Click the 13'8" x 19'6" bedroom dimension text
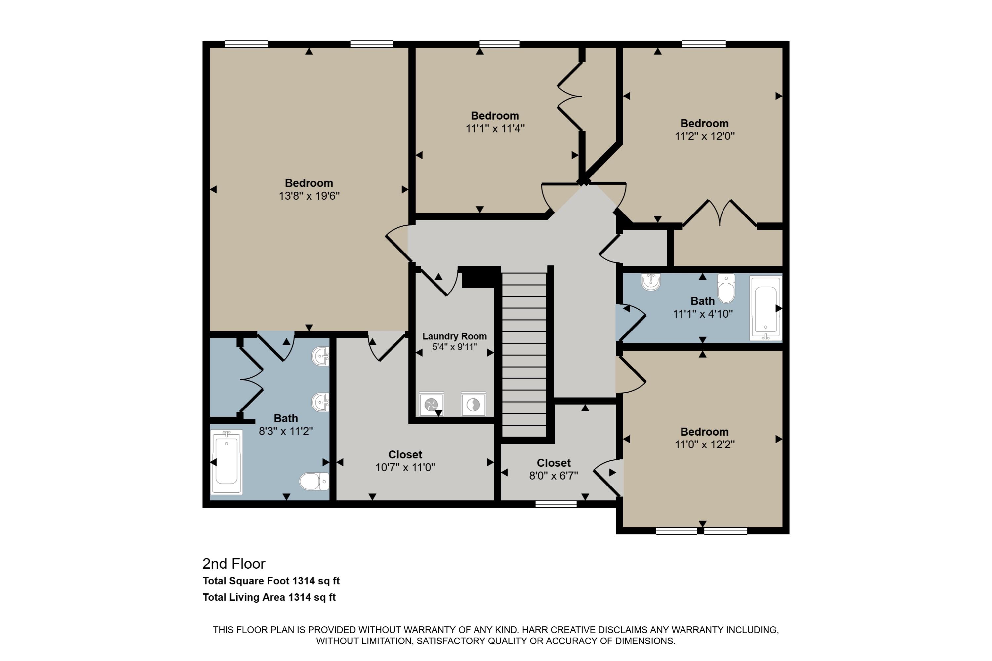click(x=309, y=196)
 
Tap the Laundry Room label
click(x=454, y=336)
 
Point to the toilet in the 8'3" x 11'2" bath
click(x=314, y=481)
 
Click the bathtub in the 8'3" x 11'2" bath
click(x=227, y=462)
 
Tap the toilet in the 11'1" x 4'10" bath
click(x=726, y=289)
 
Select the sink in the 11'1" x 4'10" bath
click(x=651, y=282)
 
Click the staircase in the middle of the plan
click(x=524, y=354)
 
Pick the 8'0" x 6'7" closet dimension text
click(x=553, y=476)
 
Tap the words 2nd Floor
click(x=234, y=564)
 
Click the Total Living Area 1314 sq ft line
click(x=269, y=597)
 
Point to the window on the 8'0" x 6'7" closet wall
click(x=556, y=504)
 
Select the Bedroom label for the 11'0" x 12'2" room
click(x=704, y=432)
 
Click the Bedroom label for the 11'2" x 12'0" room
click(x=704, y=124)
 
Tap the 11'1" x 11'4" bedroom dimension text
click(x=495, y=129)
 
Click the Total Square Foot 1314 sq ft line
click(x=271, y=581)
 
